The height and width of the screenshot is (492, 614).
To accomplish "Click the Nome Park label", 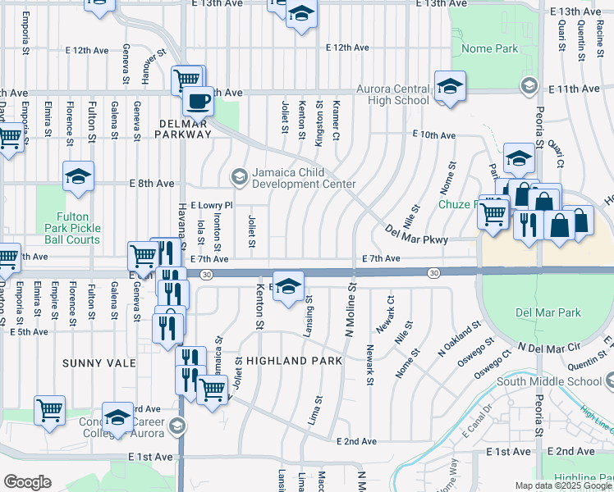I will coord(489,49).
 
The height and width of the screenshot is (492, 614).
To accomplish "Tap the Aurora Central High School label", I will coord(392,94).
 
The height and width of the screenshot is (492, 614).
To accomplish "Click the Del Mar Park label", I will coord(548,312).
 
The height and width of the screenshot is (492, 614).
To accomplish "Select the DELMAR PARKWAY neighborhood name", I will coord(183,128).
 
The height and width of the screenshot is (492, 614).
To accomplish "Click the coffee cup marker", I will coord(197,102).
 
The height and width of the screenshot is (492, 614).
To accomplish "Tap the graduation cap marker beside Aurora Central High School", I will coord(450,86).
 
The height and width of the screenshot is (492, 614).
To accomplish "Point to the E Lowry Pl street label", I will coord(212,205).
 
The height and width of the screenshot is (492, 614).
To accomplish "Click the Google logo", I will coord(27,482).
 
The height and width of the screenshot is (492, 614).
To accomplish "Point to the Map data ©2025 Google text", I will coord(562,485).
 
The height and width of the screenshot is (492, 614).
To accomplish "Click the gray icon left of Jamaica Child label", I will coord(239,175).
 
